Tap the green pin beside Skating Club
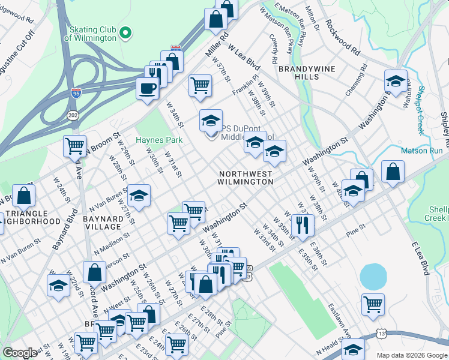click(125, 33)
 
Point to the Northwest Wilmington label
click(246, 177)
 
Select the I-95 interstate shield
click(75, 92)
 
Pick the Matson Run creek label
click(421, 151)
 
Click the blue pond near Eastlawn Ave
click(372, 277)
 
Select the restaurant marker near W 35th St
click(302, 225)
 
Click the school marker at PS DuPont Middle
click(211, 122)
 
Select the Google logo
click(20, 352)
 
